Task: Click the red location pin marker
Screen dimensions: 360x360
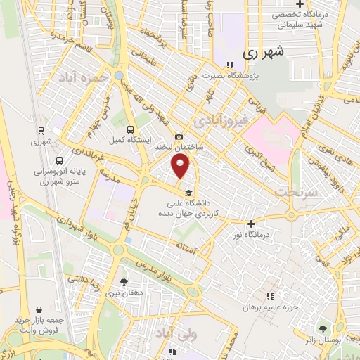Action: [x=181, y=167]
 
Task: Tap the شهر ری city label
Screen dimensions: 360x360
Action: [x=262, y=52]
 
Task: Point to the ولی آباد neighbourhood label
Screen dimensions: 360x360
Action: [x=172, y=331]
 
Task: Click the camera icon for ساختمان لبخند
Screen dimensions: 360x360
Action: [x=179, y=136]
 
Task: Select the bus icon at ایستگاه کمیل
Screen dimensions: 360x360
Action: [x=130, y=129]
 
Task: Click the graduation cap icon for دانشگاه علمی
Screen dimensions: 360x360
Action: [x=188, y=193]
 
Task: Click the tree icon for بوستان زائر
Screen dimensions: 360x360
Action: [x=323, y=328]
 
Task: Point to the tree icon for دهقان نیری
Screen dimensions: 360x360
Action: [x=124, y=283]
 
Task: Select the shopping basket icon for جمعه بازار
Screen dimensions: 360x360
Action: [x=38, y=309]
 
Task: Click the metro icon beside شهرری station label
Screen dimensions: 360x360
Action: [x=40, y=131]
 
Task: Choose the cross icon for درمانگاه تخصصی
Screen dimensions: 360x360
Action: [x=300, y=4]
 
